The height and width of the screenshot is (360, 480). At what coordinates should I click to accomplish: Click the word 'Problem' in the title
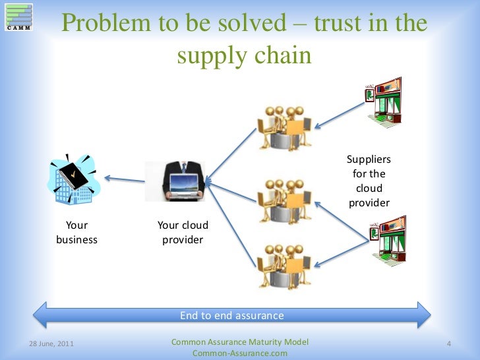click(x=105, y=24)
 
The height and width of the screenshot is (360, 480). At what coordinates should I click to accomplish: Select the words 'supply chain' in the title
click(x=244, y=55)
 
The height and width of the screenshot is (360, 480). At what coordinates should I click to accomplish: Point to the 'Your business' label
click(x=76, y=232)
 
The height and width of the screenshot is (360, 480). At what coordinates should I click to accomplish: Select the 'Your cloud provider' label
click(x=183, y=232)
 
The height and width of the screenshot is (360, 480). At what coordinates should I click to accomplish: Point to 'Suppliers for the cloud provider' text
click(x=369, y=181)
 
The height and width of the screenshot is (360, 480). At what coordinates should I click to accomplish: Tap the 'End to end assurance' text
click(x=232, y=315)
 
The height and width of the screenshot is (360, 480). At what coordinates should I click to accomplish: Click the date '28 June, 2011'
click(x=52, y=344)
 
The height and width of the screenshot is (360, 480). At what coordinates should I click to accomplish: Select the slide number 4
click(x=448, y=344)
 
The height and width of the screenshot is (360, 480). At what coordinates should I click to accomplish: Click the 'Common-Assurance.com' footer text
click(x=239, y=353)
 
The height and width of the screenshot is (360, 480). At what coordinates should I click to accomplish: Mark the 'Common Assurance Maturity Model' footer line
click(x=239, y=342)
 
